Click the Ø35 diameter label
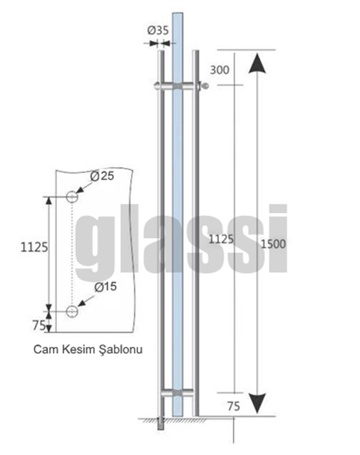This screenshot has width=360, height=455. [158, 31]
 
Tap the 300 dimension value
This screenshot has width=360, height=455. [219, 70]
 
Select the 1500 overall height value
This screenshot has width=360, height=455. [273, 244]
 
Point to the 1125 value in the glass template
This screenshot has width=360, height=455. [34, 247]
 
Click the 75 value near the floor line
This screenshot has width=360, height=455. [234, 406]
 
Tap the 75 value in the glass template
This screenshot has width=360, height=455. [39, 325]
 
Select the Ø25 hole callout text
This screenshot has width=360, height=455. [102, 176]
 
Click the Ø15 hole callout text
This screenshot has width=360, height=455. [105, 287]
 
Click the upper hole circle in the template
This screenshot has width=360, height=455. [72, 197]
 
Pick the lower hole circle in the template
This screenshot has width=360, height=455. [72, 311]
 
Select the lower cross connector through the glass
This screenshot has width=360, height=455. [177, 393]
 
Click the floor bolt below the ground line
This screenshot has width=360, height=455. [161, 424]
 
